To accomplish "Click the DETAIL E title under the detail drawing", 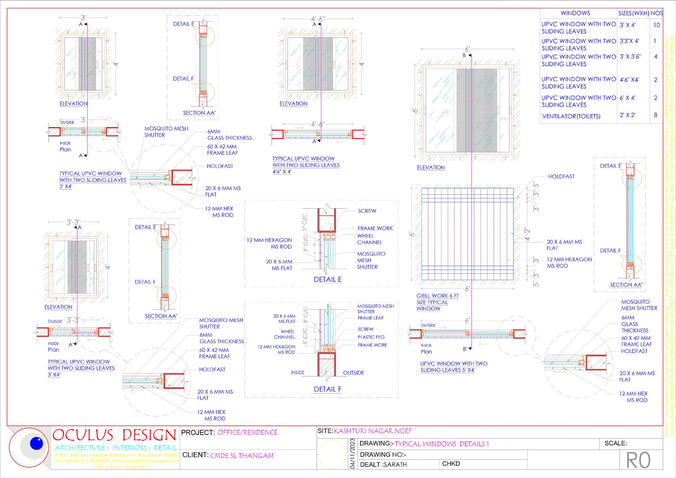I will tap(328, 280).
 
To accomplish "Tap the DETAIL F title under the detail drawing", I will tap(328, 389).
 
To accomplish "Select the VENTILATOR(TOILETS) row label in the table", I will tap(571, 117).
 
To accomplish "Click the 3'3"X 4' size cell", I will tap(629, 41).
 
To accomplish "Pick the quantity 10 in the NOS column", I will tap(656, 25).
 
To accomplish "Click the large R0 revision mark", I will tap(638, 461).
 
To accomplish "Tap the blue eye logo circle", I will tap(36, 444).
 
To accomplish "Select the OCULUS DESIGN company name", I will tap(114, 435).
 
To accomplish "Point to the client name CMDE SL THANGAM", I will tap(242, 456).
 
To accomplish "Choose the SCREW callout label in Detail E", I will tap(367, 211).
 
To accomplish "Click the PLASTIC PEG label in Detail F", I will tap(371, 337).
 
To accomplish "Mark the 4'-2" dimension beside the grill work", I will tap(527, 235).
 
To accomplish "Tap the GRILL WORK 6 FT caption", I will tap(437, 296).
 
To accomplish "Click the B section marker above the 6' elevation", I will tap(464, 55).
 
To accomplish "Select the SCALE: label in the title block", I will tap(616, 443).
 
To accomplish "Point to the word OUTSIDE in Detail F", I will tap(353, 373).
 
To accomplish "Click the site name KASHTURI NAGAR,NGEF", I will tap(373, 431).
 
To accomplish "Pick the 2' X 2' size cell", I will tap(628, 115).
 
